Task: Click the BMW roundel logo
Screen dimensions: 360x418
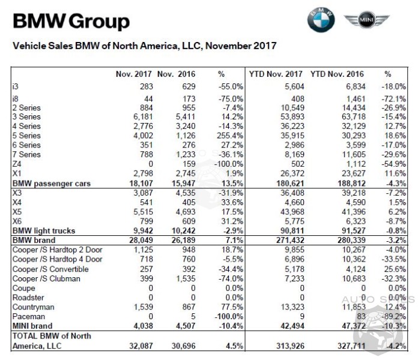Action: pyautogui.click(x=321, y=20)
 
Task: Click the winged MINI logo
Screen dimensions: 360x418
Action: pyautogui.click(x=366, y=21)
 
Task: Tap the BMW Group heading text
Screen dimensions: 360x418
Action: pyautogui.click(x=71, y=22)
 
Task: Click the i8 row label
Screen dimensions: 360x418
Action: pyautogui.click(x=16, y=98)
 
